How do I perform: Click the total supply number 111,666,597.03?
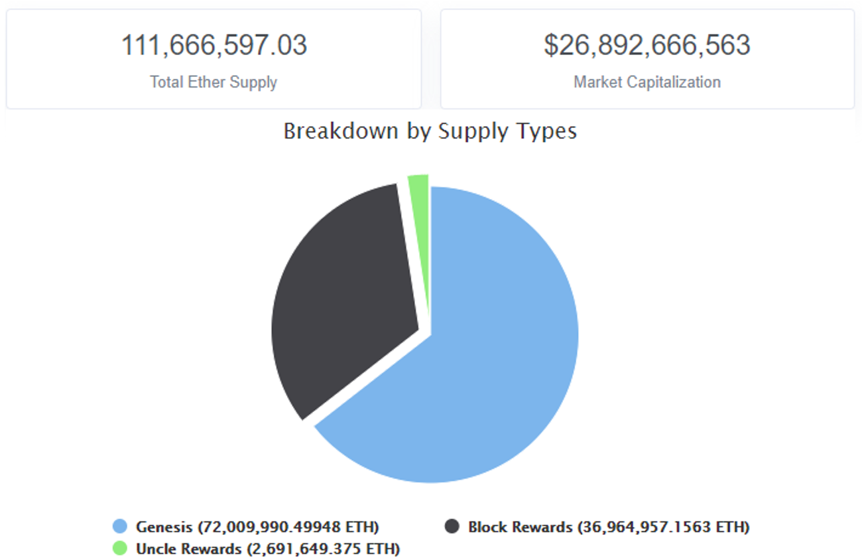point(214,45)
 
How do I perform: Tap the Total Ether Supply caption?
point(214,82)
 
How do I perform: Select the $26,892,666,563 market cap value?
point(647,45)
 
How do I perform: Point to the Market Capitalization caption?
point(647,82)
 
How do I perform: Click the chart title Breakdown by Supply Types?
point(430,131)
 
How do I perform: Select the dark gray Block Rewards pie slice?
point(345,299)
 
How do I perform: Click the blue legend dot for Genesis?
point(120,527)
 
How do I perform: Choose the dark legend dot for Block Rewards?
point(452,527)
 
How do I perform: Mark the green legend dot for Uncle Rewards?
point(120,549)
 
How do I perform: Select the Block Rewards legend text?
point(520,527)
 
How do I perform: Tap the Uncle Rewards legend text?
point(188,549)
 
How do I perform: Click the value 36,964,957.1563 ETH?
point(663,527)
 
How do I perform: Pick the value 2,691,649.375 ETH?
point(323,549)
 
